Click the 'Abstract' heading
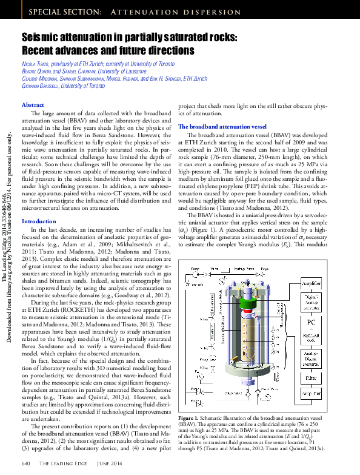tap(33, 105)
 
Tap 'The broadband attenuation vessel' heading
tap(222, 126)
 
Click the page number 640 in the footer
tap(26, 463)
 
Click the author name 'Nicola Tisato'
tap(36, 64)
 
